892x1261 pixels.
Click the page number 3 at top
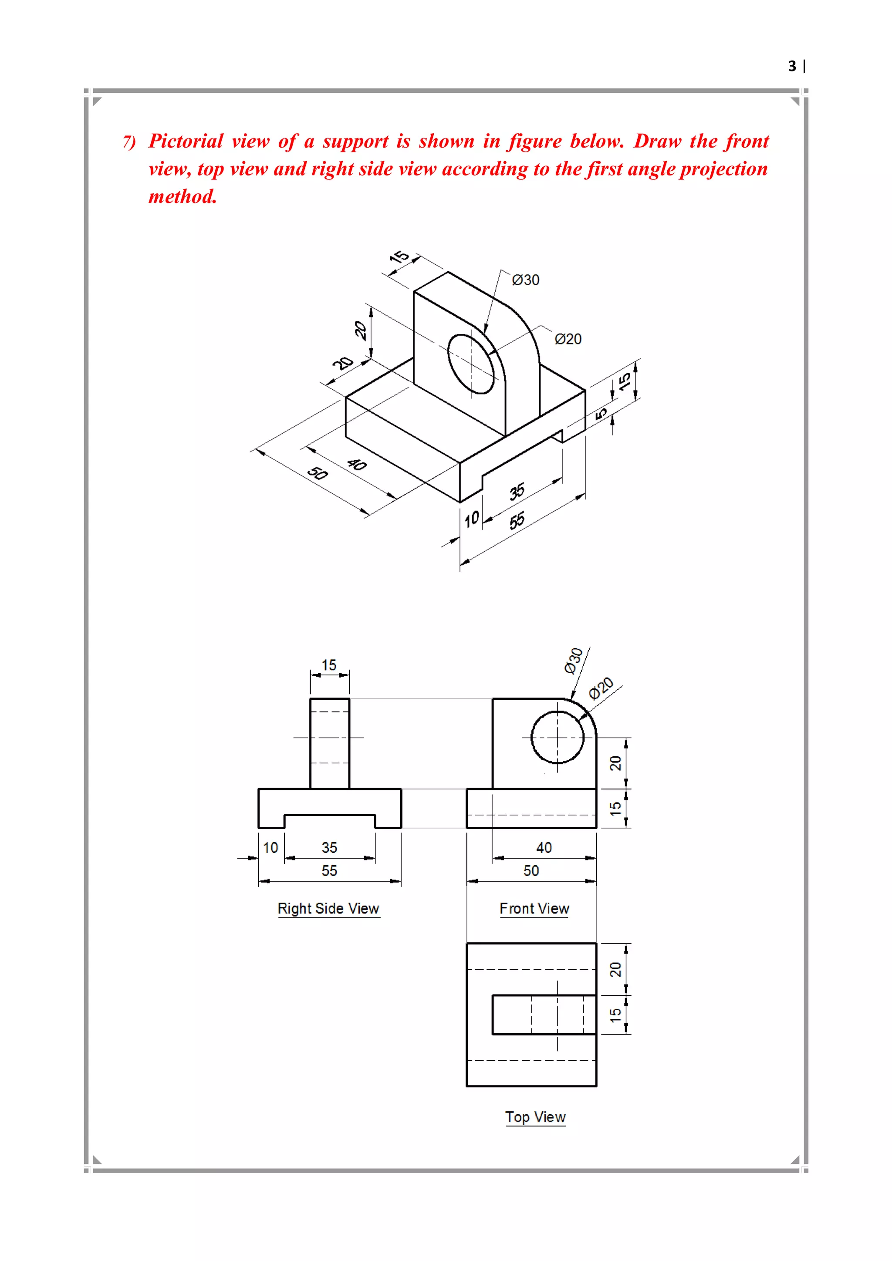[x=791, y=67]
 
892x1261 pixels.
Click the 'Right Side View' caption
[x=328, y=908]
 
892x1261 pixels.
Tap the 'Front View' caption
[x=534, y=908]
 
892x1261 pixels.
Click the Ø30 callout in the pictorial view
[x=525, y=280]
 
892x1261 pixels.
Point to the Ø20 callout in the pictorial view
[x=568, y=339]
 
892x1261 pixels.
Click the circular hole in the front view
[x=557, y=738]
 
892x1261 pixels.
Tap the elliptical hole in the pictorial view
[x=472, y=364]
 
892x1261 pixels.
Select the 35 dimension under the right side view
[x=329, y=847]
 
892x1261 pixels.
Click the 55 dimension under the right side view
[x=329, y=870]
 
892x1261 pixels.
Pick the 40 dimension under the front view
[x=544, y=847]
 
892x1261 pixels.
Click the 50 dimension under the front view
[x=530, y=870]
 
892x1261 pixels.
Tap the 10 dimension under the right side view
[x=270, y=847]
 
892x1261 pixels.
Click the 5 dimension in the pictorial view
[x=601, y=412]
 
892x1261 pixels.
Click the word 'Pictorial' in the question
[x=186, y=141]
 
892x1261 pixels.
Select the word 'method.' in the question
[x=183, y=197]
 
